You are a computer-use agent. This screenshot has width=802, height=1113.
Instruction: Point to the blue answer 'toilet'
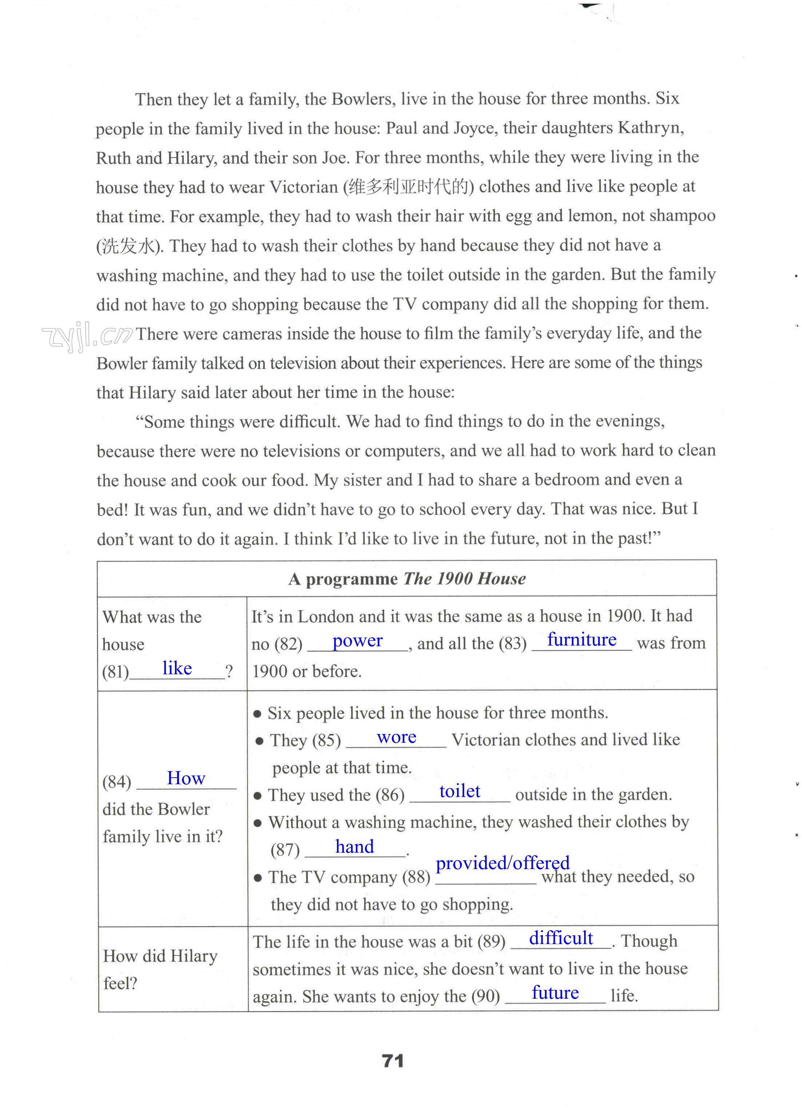click(460, 791)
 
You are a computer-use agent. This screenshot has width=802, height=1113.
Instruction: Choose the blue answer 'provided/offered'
click(502, 863)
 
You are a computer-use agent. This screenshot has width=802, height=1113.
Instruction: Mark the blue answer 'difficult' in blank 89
click(561, 938)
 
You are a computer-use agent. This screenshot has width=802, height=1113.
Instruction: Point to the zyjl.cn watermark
click(87, 337)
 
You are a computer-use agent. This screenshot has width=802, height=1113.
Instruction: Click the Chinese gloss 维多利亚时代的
click(409, 187)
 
